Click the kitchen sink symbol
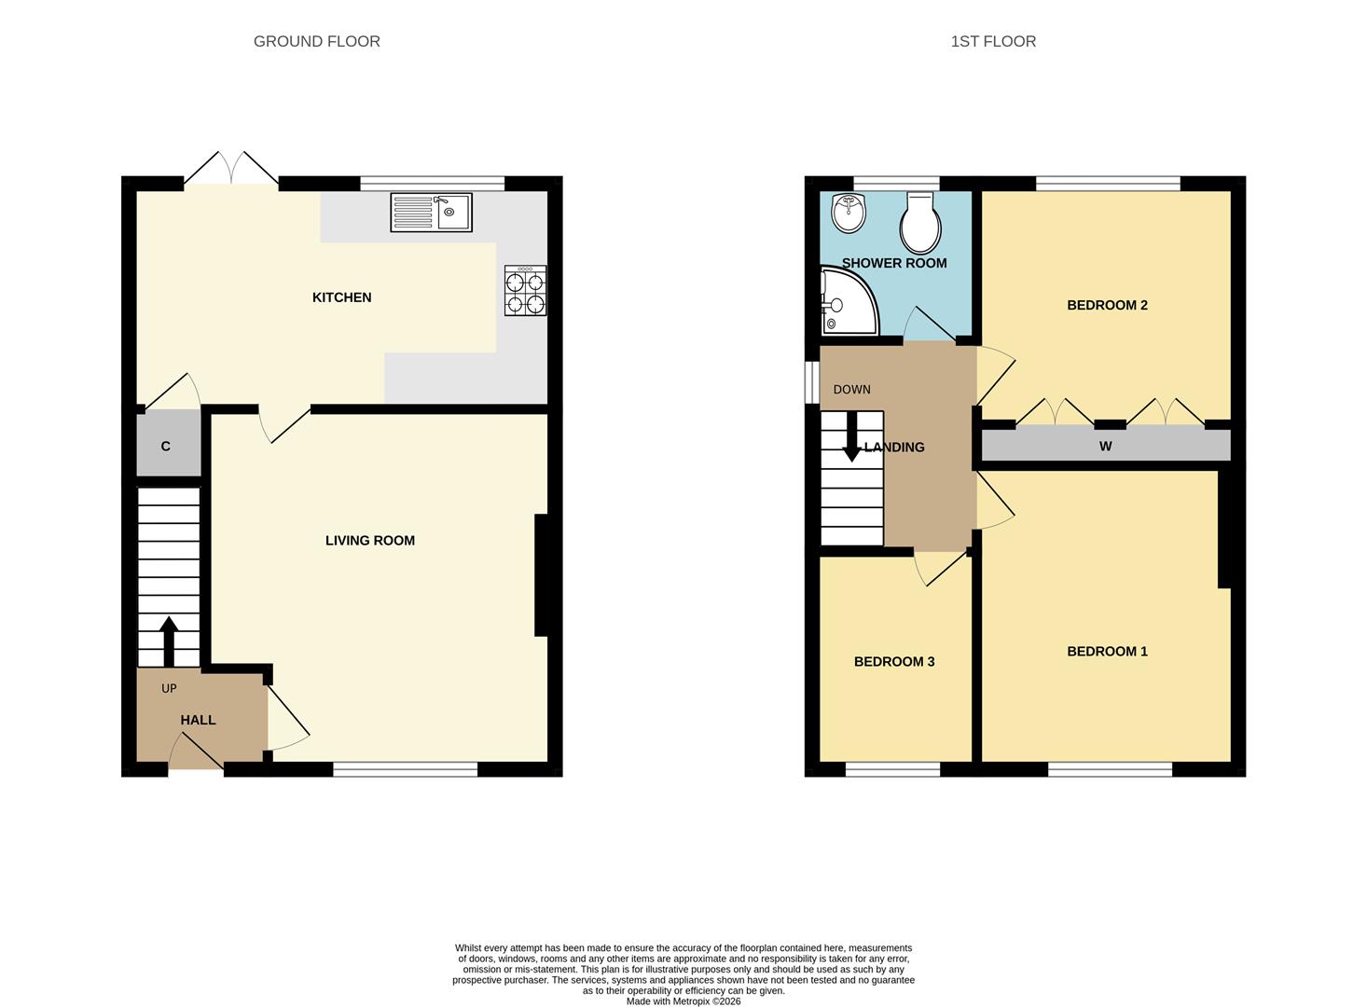[x=431, y=212]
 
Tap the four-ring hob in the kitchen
[x=525, y=291]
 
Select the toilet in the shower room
[x=920, y=224]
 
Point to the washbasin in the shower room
[x=849, y=214]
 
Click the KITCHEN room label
[x=341, y=297]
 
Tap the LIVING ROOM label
[x=369, y=541]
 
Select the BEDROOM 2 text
[x=1107, y=305]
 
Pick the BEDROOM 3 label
[x=893, y=662]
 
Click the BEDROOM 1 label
[x=1107, y=652]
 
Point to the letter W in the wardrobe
[x=1105, y=447]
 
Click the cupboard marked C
[x=166, y=447]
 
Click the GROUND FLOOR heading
[x=316, y=41]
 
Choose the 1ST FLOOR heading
[x=993, y=41]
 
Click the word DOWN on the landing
[x=851, y=390]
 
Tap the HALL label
[x=198, y=720]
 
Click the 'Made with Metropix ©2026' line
[x=683, y=1001]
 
